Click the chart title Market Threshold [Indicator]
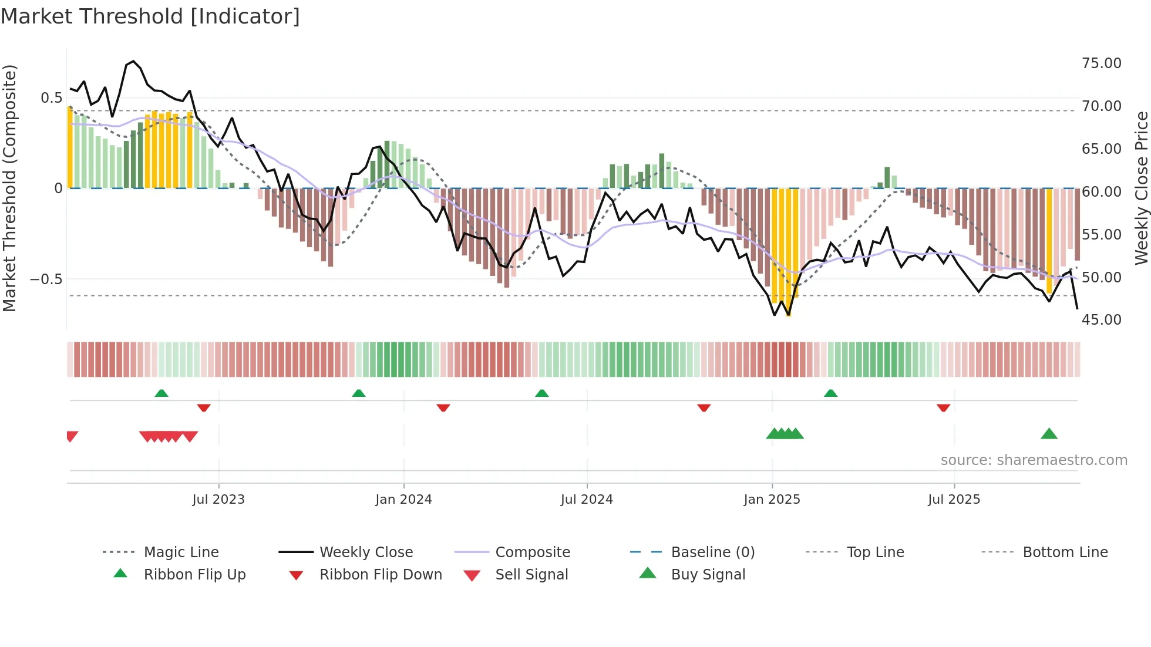point(150,16)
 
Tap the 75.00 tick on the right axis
point(1101,63)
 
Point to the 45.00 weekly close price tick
point(1101,320)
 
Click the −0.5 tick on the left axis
point(46,279)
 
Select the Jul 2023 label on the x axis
point(218,500)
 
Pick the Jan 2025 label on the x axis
point(772,500)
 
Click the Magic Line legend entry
point(181,552)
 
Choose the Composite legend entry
point(532,552)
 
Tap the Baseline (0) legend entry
point(712,552)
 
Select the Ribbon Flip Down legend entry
point(380,575)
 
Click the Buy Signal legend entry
point(708,575)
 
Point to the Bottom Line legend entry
point(1065,552)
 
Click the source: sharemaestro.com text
point(1034,460)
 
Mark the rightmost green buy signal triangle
point(1049,434)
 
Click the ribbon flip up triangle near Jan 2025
point(830,393)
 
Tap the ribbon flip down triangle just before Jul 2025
point(943,407)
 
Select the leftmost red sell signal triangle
point(72,436)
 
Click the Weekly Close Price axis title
point(1141,188)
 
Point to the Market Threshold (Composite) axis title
point(9,188)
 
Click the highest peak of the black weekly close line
point(134,61)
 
